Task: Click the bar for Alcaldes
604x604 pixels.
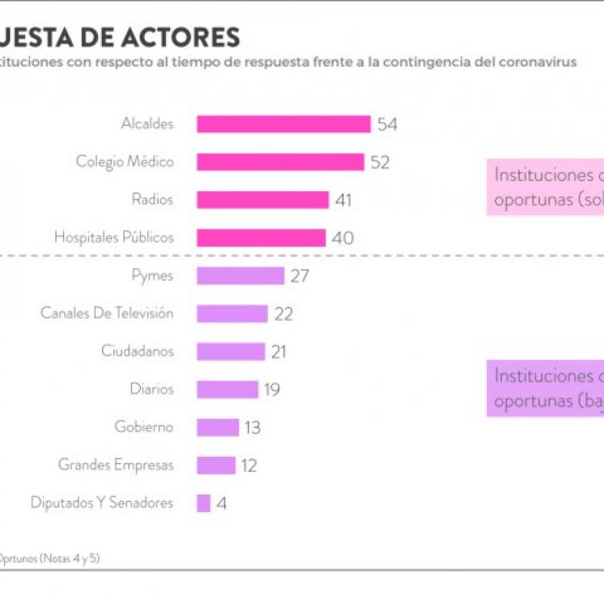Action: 283,124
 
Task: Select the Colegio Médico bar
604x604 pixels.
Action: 280,162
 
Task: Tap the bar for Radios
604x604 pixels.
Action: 263,199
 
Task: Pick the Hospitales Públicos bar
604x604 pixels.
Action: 261,238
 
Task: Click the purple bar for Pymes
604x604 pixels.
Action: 240,276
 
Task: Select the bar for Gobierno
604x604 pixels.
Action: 217,427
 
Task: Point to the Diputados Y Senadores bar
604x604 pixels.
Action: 203,503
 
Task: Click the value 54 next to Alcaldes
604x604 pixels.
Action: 387,125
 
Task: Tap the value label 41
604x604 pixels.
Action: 344,200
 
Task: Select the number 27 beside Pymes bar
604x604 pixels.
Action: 300,276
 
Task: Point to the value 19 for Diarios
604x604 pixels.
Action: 272,390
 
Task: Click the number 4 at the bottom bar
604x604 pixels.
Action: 221,504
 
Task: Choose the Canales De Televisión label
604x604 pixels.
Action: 106,313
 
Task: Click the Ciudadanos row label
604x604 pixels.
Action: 137,351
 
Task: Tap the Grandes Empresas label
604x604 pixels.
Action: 116,464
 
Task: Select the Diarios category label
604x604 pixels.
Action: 151,389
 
